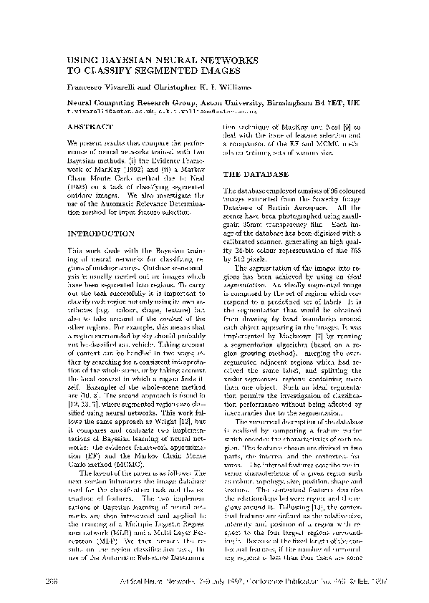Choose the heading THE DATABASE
[256, 175]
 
